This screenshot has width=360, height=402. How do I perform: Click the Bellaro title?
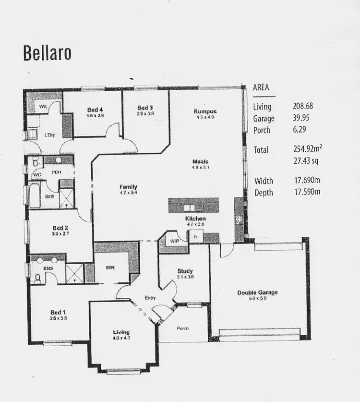point(47,53)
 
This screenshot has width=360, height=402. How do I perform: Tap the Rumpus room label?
point(205,111)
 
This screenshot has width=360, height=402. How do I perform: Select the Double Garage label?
point(257,292)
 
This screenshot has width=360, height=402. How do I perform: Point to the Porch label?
point(182,329)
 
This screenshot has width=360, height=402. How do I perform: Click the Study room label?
point(185,271)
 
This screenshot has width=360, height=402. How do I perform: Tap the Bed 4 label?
point(95,110)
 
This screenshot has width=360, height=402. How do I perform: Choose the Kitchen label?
point(195,219)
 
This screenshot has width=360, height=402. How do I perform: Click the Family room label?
point(128,187)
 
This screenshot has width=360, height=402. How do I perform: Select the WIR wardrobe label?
point(110,267)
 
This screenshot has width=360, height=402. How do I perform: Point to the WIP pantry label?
point(174,241)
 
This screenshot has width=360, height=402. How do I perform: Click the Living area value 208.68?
point(302,107)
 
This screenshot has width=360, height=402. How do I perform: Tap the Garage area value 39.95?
point(300,118)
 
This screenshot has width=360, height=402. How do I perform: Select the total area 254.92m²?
point(305,149)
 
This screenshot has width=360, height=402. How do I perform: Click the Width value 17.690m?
point(306,181)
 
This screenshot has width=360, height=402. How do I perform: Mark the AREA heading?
point(261,88)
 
